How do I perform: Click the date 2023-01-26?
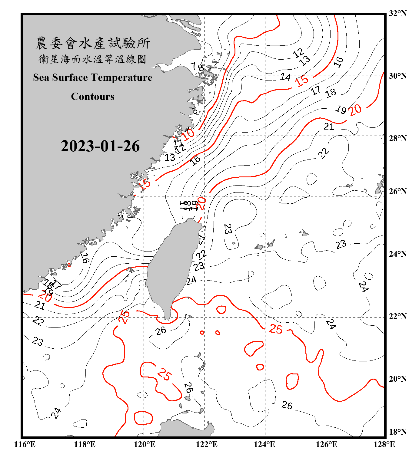click(100, 146)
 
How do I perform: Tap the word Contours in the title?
click(93, 97)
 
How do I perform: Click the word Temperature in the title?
click(121, 78)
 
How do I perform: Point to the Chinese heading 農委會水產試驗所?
click(93, 43)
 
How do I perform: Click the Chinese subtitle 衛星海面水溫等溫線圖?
click(93, 59)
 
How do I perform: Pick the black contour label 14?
click(285, 77)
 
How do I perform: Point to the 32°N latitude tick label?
click(397, 13)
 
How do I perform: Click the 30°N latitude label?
click(397, 76)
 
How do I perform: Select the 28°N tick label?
click(397, 138)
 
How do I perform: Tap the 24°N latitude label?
click(397, 254)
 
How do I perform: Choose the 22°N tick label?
click(397, 316)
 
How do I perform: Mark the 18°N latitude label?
click(397, 432)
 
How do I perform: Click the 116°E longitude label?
click(25, 444)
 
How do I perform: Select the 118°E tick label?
click(85, 444)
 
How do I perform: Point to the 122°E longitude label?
click(207, 444)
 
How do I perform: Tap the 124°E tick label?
click(264, 444)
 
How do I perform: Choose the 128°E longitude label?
click(384, 444)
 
